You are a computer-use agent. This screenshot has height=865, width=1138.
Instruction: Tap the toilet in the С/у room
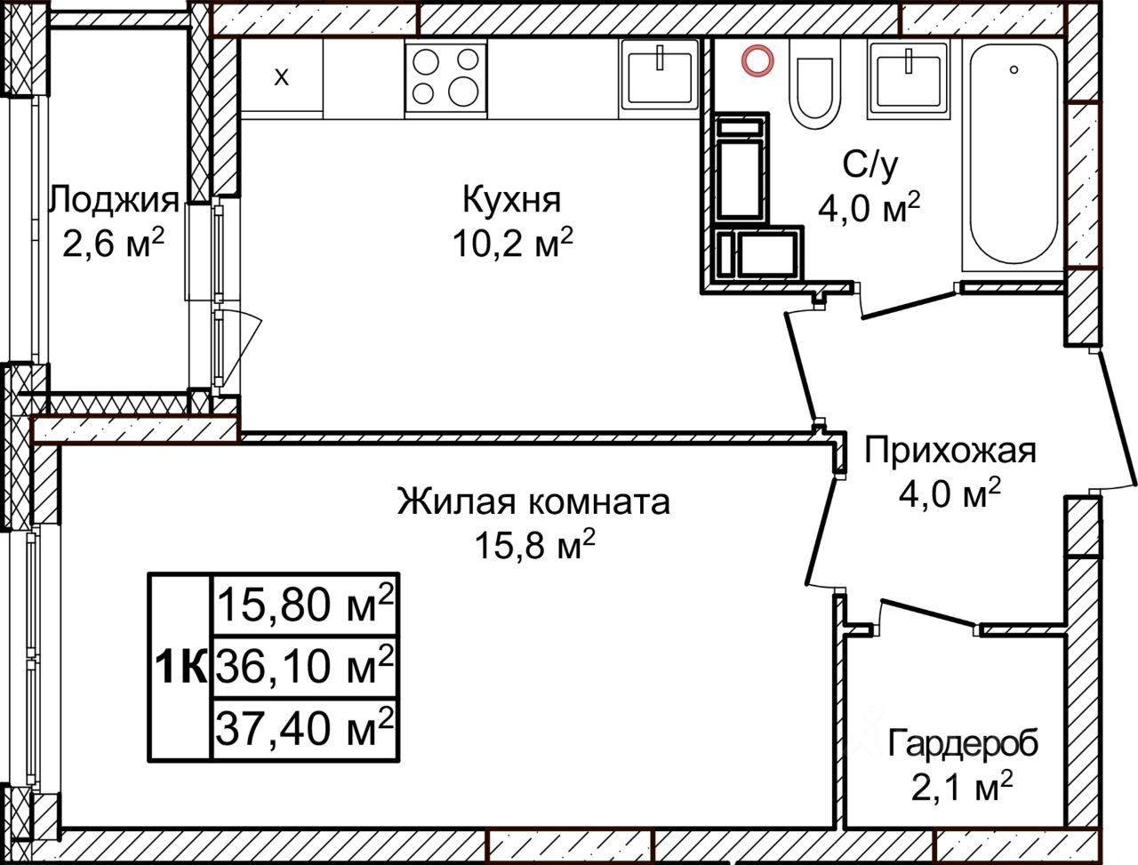pyautogui.click(x=814, y=83)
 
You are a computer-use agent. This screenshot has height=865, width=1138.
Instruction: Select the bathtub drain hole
pyautogui.click(x=1014, y=69)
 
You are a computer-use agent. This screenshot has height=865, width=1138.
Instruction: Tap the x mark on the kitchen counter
pyautogui.click(x=282, y=77)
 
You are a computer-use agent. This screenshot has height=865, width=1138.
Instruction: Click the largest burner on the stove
pyautogui.click(x=463, y=92)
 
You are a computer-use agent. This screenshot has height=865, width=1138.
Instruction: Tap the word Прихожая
pyautogui.click(x=950, y=451)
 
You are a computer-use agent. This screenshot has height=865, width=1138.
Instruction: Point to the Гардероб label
pyautogui.click(x=963, y=744)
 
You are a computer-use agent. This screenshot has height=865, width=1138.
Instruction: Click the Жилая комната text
pyautogui.click(x=533, y=501)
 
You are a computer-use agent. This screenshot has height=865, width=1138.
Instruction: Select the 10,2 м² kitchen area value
pyautogui.click(x=513, y=243)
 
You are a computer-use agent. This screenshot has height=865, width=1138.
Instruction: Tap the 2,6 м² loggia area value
pyautogui.click(x=113, y=243)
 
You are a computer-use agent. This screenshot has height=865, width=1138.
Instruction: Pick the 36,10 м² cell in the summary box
pyautogui.click(x=304, y=667)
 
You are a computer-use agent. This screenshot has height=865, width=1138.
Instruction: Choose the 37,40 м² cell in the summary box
pyautogui.click(x=304, y=729)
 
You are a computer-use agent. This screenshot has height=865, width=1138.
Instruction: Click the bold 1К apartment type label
pyautogui.click(x=181, y=667)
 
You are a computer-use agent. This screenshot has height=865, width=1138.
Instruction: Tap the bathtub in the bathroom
pyautogui.click(x=1014, y=155)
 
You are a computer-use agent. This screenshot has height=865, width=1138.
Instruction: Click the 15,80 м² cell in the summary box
pyautogui.click(x=304, y=605)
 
